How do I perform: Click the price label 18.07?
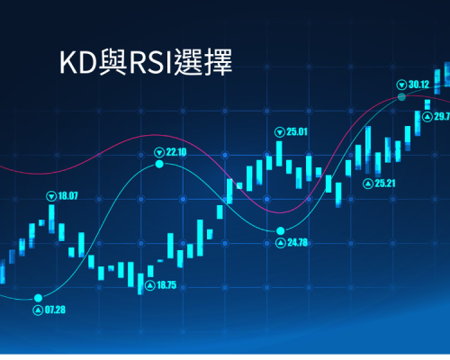[67, 196]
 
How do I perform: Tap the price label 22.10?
[176, 152]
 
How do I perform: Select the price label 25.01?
[297, 131]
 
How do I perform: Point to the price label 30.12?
[418, 85]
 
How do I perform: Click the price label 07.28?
[55, 310]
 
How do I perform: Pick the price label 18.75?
[166, 285]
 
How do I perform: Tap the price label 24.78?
[298, 242]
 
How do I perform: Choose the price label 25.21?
[385, 184]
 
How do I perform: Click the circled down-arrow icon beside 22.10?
[159, 152]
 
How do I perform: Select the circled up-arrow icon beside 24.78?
[281, 243]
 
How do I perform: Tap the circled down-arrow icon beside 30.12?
[401, 85]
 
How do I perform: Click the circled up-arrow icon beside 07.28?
[38, 310]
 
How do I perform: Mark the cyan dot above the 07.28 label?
[38, 298]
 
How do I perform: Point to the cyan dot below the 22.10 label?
[159, 164]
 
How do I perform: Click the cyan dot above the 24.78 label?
[281, 230]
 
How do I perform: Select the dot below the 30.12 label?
[401, 96]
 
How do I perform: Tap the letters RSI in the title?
[150, 63]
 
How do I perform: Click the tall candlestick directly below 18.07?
[51, 219]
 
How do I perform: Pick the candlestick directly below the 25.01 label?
[279, 154]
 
